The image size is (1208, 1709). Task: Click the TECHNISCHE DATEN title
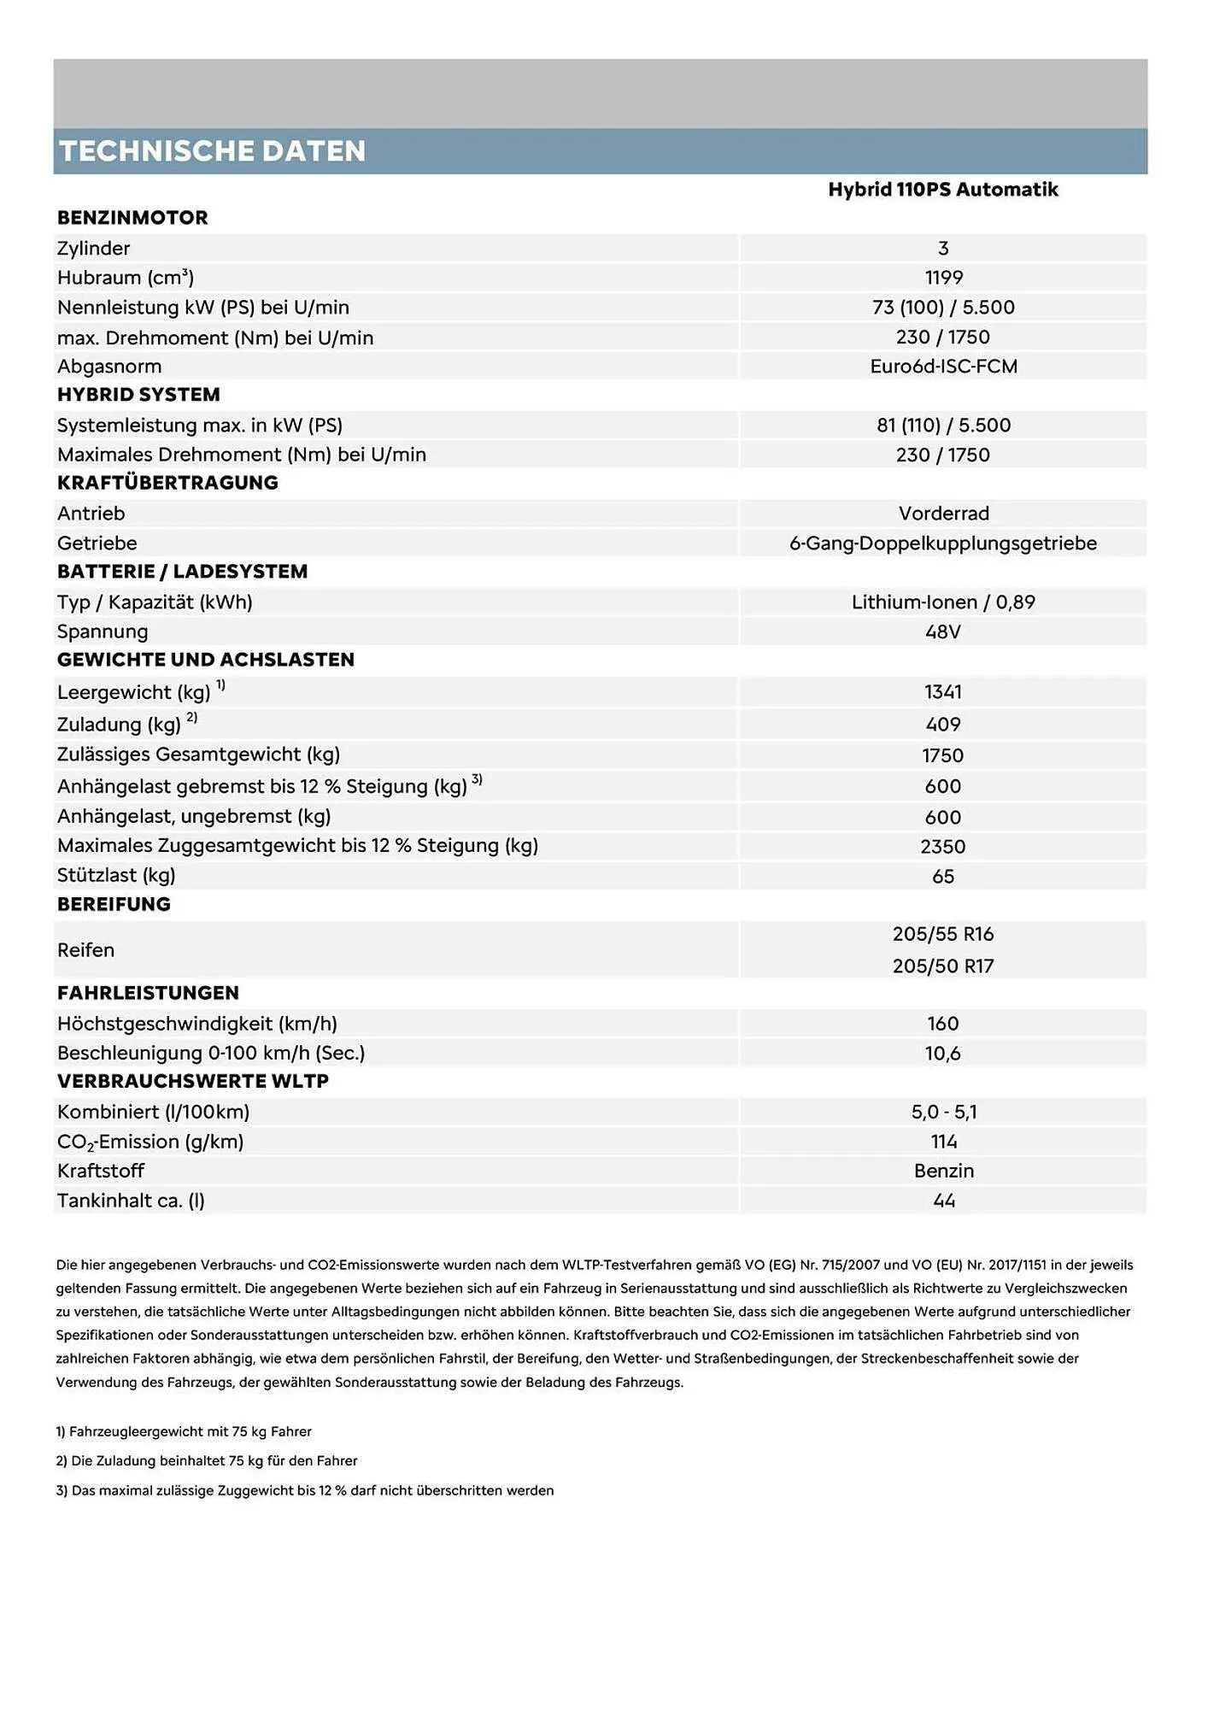pyautogui.click(x=212, y=151)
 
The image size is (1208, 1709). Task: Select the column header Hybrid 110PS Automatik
pyautogui.click(x=942, y=190)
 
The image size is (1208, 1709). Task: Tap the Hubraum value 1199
pyautogui.click(x=943, y=278)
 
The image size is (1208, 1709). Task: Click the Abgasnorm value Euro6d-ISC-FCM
pyautogui.click(x=943, y=367)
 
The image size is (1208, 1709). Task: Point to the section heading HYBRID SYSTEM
pyautogui.click(x=138, y=395)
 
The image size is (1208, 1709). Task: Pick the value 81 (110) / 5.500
pyautogui.click(x=943, y=426)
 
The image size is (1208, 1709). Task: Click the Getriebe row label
pyautogui.click(x=97, y=543)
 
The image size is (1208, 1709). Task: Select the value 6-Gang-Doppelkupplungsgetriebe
pyautogui.click(x=942, y=543)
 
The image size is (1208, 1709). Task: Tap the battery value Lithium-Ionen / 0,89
pyautogui.click(x=943, y=602)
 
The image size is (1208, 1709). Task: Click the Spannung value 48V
pyautogui.click(x=943, y=632)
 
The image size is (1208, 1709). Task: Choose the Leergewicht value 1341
pyautogui.click(x=943, y=692)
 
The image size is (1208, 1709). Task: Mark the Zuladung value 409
pyautogui.click(x=943, y=725)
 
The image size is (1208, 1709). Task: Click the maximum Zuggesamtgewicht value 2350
pyautogui.click(x=943, y=847)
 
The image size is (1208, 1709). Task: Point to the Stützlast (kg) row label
pyautogui.click(x=116, y=876)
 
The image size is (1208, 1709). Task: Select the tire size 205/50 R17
pyautogui.click(x=943, y=966)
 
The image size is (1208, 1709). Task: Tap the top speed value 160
pyautogui.click(x=943, y=1024)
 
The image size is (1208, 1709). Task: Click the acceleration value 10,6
pyautogui.click(x=943, y=1054)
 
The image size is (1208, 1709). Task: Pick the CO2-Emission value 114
pyautogui.click(x=943, y=1142)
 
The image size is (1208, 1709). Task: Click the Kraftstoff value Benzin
pyautogui.click(x=943, y=1172)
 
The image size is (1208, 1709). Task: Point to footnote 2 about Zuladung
pyautogui.click(x=207, y=1461)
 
